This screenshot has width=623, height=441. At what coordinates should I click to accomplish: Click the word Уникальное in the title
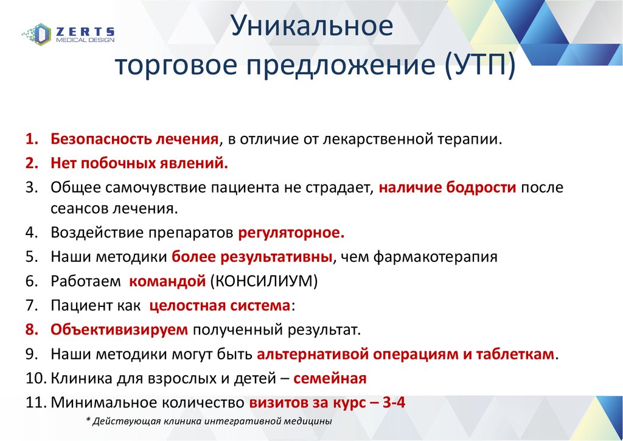click(312, 26)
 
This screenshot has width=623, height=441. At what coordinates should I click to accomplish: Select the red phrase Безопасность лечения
click(134, 139)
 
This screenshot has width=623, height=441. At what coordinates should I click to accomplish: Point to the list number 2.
click(32, 163)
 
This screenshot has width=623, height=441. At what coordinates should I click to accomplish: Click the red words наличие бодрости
click(447, 188)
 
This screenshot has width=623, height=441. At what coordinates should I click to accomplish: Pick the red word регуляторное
click(291, 233)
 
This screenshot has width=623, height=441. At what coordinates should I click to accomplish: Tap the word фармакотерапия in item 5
click(435, 257)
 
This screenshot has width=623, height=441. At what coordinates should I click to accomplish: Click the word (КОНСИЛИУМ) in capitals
click(264, 281)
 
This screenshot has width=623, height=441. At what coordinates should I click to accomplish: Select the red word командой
click(167, 281)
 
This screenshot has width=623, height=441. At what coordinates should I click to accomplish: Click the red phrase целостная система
click(220, 306)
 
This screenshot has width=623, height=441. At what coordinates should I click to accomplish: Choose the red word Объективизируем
click(119, 330)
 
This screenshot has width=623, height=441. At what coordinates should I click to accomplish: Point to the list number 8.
click(32, 330)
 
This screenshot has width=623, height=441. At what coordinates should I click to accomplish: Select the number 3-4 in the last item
click(394, 403)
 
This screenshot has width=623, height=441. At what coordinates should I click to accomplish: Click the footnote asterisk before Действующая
click(88, 420)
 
